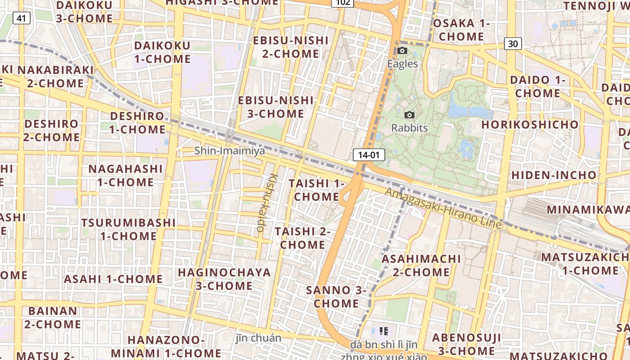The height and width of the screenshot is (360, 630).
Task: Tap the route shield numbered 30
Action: coord(513,44)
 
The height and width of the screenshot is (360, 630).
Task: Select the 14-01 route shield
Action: coord(369,155)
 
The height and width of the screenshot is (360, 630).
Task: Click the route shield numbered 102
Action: coord(342,2)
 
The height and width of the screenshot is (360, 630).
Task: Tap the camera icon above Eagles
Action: coord(402,51)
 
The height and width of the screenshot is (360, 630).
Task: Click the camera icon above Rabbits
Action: coord(409,115)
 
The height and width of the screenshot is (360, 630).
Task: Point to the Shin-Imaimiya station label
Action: coord(229,151)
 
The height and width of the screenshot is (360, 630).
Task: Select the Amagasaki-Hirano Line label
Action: coord(443,207)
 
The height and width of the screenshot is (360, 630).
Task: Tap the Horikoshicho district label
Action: coord(530,125)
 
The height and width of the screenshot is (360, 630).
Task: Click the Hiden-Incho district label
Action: coord(553,175)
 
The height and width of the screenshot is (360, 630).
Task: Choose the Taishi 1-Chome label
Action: coord(316,190)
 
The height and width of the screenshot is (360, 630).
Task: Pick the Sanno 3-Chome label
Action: coord(336,297)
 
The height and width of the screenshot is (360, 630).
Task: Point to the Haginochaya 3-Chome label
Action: coord(224,279)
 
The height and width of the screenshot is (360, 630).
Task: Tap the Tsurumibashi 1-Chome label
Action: coord(128,229)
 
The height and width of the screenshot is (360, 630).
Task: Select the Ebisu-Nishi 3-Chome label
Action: coord(275,107)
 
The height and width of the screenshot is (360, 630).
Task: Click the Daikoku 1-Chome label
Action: coord(162,52)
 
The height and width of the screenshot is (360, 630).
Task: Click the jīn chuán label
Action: coord(258,338)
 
